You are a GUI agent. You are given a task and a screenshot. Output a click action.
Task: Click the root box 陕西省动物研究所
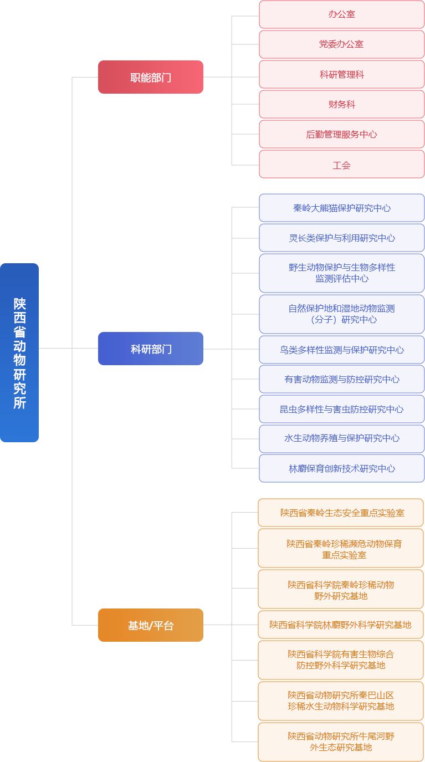19,352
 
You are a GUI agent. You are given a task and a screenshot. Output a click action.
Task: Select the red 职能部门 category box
151,77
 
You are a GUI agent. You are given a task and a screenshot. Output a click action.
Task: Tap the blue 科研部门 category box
151,349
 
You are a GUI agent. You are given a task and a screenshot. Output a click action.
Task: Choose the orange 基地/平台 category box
151,625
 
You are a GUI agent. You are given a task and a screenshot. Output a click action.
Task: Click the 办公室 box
342,14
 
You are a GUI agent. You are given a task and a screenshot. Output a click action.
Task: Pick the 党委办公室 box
342,44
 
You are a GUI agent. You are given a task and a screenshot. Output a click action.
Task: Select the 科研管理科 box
342,74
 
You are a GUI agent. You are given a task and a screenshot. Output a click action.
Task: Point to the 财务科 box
342,104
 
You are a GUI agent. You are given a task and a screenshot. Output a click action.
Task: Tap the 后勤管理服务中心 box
342,134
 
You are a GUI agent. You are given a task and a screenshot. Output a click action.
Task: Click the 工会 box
342,165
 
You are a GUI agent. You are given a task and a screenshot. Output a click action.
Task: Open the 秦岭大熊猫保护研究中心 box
342,208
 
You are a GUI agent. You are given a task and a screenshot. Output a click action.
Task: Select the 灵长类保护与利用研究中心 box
342,238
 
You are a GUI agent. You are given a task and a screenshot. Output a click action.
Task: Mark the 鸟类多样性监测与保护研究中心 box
342,350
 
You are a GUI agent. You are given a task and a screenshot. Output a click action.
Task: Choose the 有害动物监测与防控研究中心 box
342,380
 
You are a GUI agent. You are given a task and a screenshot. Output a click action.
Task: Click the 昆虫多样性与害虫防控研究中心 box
342,409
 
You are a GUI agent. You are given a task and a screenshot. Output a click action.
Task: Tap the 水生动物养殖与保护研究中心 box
342,438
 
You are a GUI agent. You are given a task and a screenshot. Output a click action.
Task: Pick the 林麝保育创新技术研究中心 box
342,468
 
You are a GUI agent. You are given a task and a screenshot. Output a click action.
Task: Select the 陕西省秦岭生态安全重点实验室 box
341,513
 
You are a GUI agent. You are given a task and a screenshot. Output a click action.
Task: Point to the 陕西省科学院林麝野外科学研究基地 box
341,625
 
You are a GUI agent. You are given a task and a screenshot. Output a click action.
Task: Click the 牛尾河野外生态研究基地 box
341,742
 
